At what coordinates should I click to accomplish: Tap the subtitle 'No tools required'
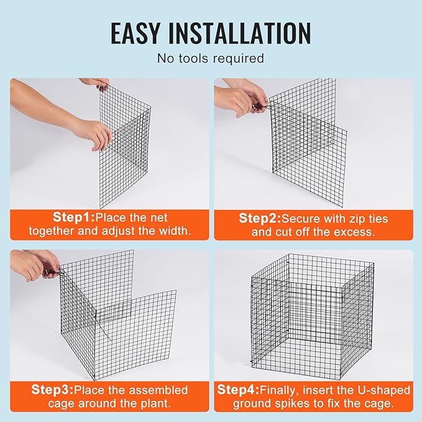point(211,58)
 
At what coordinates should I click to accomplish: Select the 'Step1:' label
point(73,218)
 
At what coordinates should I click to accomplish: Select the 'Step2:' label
point(260,218)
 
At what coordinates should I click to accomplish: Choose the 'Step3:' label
point(52,390)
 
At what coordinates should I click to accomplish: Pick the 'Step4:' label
point(238,390)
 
